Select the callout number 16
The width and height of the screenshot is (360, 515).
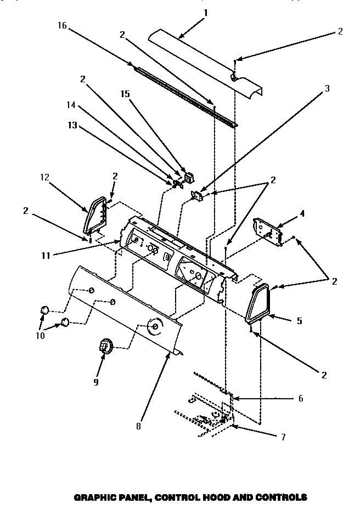(61, 26)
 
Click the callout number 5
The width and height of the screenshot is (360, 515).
(300, 321)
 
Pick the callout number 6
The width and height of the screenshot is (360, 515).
(300, 398)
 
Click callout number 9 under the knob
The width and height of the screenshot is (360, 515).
(95, 382)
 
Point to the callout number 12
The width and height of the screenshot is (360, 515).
(44, 177)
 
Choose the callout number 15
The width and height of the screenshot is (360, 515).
(126, 94)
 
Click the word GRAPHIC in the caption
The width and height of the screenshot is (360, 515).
(92, 498)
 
